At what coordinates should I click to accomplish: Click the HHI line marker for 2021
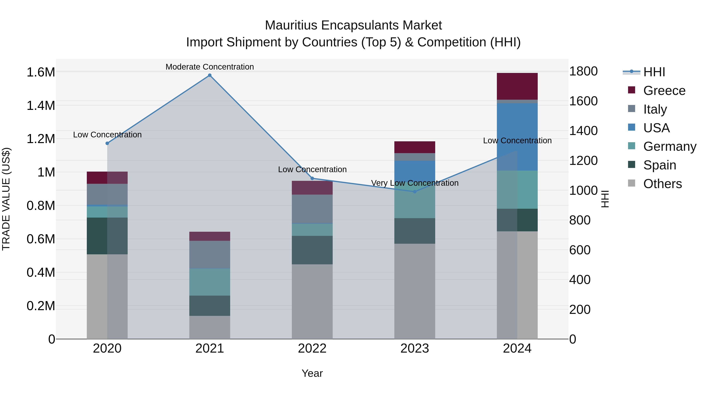tap(210, 75)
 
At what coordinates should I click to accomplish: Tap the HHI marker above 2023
tap(415, 192)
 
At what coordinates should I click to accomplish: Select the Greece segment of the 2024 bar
tap(517, 86)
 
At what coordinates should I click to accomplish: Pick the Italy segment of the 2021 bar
tap(210, 254)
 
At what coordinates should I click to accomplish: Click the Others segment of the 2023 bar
tap(415, 291)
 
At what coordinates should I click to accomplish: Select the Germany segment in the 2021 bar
tap(210, 282)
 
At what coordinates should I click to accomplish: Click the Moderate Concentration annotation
tap(210, 67)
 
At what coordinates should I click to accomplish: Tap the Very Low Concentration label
tap(415, 183)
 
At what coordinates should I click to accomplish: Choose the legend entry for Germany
tap(670, 146)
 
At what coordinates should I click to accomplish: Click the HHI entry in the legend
tap(654, 72)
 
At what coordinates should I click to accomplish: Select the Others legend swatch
tap(632, 183)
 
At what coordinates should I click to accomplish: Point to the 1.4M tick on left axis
tap(41, 106)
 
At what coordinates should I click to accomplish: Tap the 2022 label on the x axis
tap(312, 348)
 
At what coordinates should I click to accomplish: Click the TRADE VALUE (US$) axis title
tap(6, 199)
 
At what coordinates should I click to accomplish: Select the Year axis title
tap(312, 373)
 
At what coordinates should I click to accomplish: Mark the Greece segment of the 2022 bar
tap(312, 188)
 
